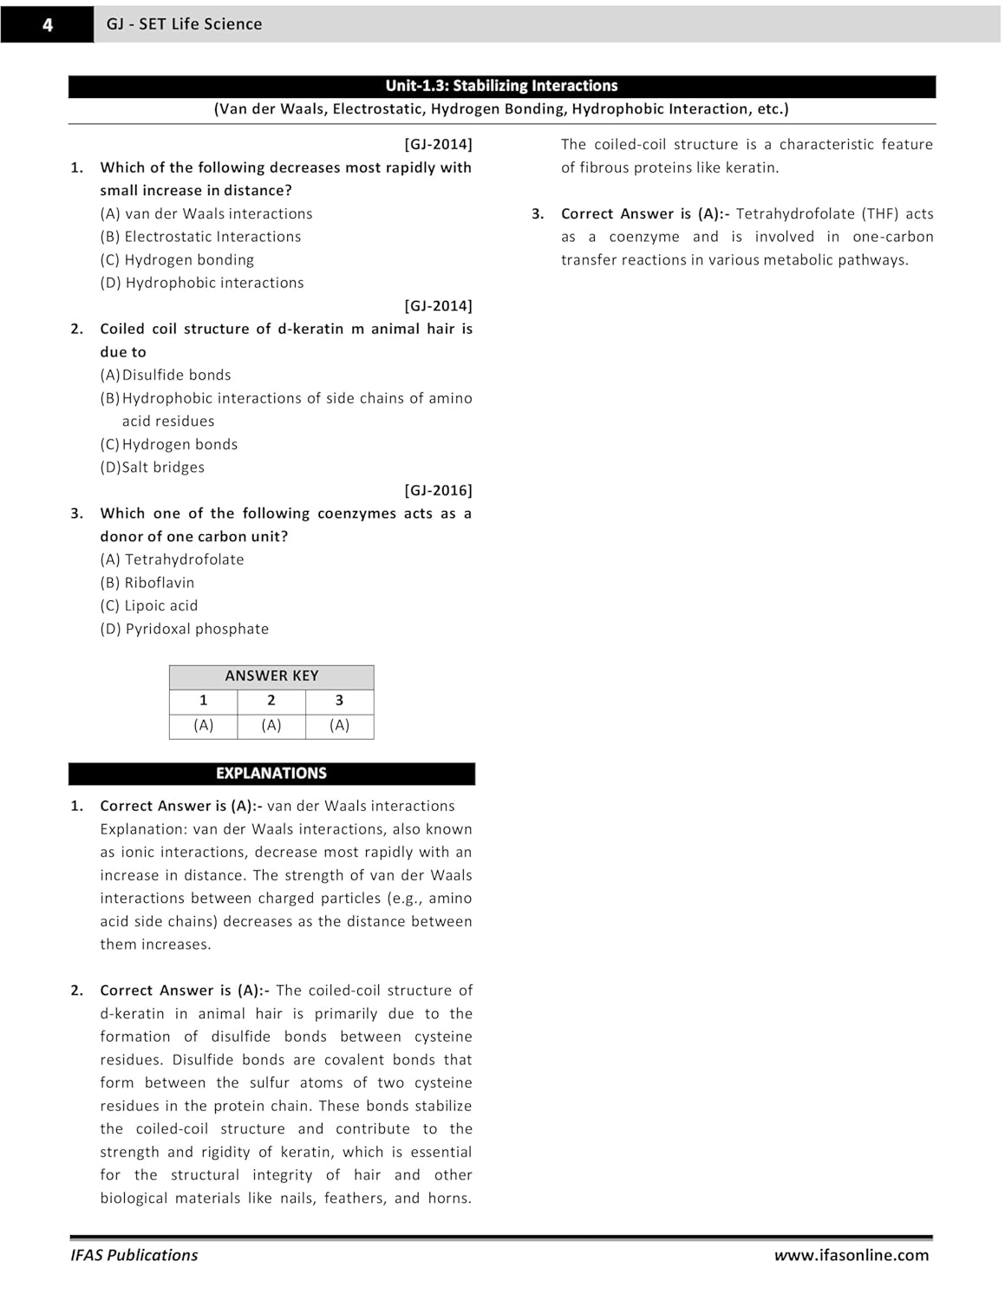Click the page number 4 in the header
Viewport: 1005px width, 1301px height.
(x=48, y=25)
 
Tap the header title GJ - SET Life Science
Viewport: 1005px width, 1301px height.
(x=184, y=24)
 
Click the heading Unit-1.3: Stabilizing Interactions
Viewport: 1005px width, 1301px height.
(x=501, y=86)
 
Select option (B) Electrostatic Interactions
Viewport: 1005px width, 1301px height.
(x=200, y=237)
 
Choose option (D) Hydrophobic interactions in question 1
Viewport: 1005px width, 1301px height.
(x=202, y=283)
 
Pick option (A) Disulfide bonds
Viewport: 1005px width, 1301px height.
(x=166, y=375)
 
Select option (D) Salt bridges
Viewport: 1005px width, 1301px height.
(x=153, y=467)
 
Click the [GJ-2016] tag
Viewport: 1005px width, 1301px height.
(x=438, y=490)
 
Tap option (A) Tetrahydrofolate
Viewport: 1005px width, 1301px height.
(x=172, y=559)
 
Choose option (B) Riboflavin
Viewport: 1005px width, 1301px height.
(x=147, y=583)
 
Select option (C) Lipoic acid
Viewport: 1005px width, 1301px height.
(x=149, y=605)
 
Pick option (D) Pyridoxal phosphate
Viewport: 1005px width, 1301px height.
(x=185, y=629)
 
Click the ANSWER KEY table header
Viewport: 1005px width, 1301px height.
(x=271, y=676)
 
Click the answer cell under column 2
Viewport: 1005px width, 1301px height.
(x=271, y=725)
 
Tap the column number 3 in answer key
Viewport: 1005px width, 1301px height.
(x=339, y=701)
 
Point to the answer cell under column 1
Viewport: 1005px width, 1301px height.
(x=203, y=725)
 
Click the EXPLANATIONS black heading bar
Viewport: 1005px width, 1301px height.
(x=271, y=773)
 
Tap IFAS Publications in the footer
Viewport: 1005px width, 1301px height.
(x=134, y=1255)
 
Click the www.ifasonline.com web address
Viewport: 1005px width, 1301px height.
(x=851, y=1255)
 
